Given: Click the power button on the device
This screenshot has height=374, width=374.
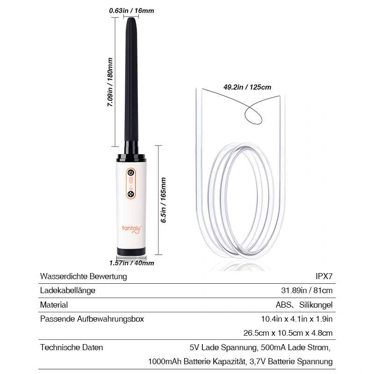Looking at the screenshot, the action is click(131, 173).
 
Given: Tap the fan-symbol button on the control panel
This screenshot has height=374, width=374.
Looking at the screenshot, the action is click(131, 194).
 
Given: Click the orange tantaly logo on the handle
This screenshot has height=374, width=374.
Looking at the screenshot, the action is click(132, 229).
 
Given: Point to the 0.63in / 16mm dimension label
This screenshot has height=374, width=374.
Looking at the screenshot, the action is click(131, 10).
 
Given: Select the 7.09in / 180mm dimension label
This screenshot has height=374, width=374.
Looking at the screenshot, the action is click(110, 82).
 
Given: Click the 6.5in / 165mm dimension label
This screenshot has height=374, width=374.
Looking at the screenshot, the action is click(163, 200).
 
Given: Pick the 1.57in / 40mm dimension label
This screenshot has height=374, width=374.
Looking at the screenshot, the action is click(131, 263).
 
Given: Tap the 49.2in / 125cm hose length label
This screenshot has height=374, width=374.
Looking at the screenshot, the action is click(247, 87).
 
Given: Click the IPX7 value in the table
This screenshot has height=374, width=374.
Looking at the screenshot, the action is click(324, 276).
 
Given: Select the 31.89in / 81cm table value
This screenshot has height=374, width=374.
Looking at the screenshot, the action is click(307, 290).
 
